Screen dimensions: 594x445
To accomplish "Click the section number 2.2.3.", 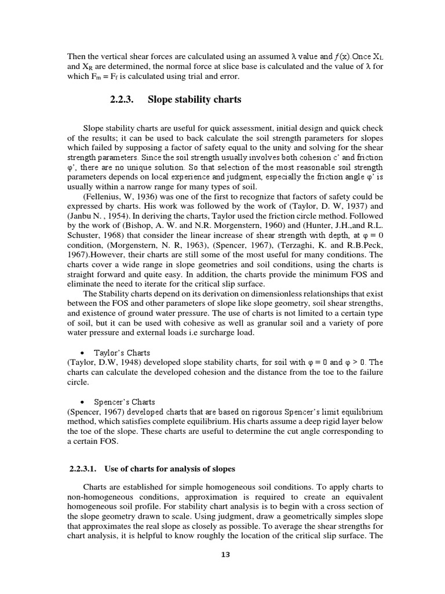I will pyautogui.click(x=122, y=100).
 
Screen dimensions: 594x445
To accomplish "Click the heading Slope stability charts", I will pyautogui.click(x=194, y=100).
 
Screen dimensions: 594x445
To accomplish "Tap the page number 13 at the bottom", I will pyautogui.click(x=225, y=555).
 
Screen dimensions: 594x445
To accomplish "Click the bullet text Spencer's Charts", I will pyautogui.click(x=122, y=402).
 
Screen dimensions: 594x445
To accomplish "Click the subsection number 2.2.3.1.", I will pyautogui.click(x=83, y=468).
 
